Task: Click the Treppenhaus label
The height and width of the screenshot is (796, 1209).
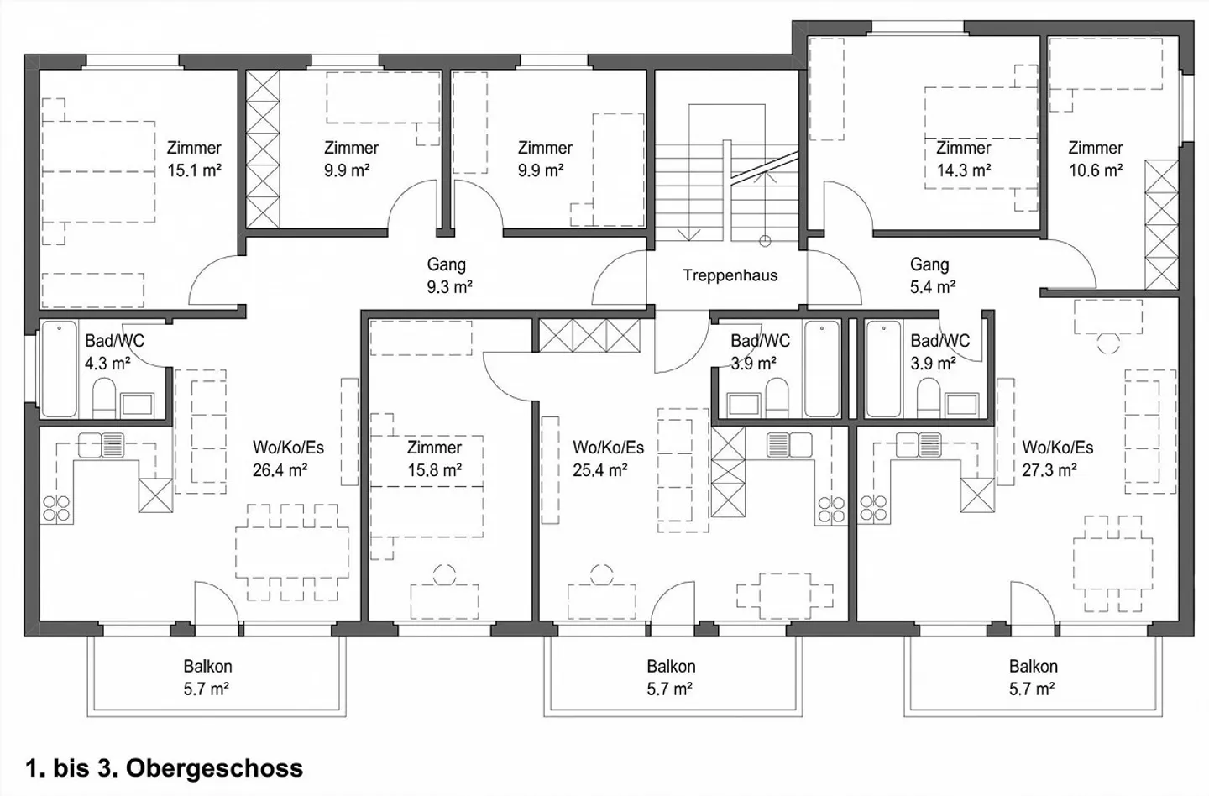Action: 730,275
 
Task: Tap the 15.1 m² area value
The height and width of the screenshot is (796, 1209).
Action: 194,170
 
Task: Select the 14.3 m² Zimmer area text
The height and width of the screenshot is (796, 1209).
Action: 963,170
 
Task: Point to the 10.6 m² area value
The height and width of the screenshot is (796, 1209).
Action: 1096,170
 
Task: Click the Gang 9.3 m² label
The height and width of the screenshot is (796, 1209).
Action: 448,276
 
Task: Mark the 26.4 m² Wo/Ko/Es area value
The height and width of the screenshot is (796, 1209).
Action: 280,470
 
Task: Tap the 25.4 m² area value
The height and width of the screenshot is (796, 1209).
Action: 600,470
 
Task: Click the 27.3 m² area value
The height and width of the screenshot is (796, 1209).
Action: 1049,470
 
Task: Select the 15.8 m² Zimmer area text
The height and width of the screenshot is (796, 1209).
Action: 434,470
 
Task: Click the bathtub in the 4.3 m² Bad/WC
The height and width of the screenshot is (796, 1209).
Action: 59,369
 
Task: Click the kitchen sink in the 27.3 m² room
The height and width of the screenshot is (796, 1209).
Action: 918,444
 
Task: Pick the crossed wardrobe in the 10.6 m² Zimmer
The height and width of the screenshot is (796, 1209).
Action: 1162,224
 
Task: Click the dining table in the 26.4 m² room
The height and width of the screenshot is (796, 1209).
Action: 291,552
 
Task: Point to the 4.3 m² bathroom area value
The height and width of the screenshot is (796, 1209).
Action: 107,364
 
